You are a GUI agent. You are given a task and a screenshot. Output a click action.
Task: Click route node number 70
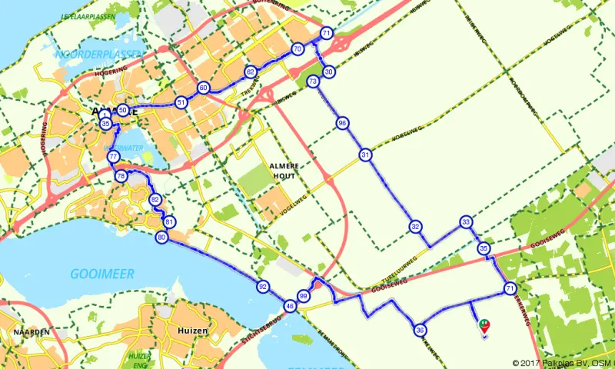[298, 49]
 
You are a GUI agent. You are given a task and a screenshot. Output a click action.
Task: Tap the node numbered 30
[329, 71]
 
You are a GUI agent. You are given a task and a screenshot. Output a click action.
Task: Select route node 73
[312, 81]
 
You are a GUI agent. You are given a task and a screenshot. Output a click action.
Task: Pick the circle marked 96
[343, 123]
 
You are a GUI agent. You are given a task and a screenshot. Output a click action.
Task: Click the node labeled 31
[365, 155]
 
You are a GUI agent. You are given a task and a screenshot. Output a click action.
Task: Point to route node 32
[415, 227]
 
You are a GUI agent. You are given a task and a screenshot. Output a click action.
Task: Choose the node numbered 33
[466, 222]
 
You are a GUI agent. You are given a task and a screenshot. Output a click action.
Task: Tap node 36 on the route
[420, 331]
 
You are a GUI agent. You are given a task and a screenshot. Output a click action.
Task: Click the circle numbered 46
[290, 306]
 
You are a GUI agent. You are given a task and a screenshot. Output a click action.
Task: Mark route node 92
[263, 287]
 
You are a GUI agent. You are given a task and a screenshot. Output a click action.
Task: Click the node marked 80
[161, 238]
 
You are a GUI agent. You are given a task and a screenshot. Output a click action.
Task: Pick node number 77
[114, 157]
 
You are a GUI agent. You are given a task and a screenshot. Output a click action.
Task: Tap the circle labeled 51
[181, 102]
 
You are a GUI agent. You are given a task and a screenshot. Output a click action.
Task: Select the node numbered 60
[203, 88]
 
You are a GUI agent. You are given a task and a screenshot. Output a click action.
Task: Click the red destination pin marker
[484, 327]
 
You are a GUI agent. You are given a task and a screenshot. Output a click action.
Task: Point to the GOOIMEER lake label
[102, 274]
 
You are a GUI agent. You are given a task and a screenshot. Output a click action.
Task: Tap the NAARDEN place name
[32, 331]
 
